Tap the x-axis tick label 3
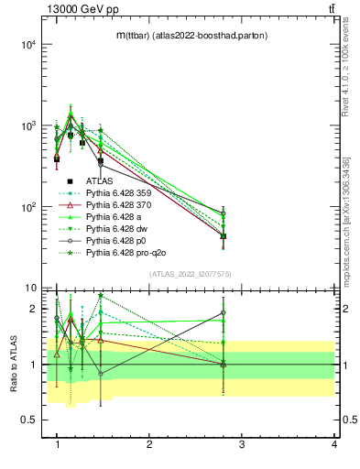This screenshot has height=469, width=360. pyautogui.click(x=241, y=444)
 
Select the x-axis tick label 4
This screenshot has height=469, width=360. pyautogui.click(x=334, y=444)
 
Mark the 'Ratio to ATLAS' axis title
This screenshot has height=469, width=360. pyautogui.click(x=13, y=364)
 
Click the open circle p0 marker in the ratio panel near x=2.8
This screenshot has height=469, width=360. pyautogui.click(x=224, y=312)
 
